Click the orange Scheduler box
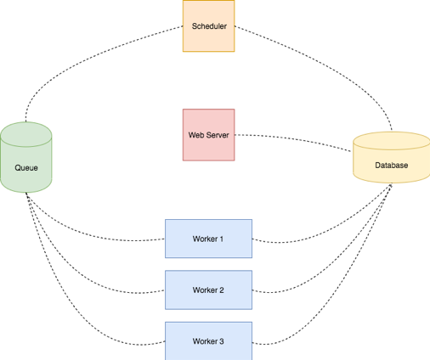(208, 25)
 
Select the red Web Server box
(208, 134)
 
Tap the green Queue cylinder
(26, 157)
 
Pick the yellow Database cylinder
(391, 158)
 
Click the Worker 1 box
(208, 239)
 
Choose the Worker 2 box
(208, 290)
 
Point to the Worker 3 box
(208, 341)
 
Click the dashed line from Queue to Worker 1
(93, 229)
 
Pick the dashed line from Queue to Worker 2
(85, 270)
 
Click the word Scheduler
(208, 26)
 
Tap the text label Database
(391, 166)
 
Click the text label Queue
(26, 167)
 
